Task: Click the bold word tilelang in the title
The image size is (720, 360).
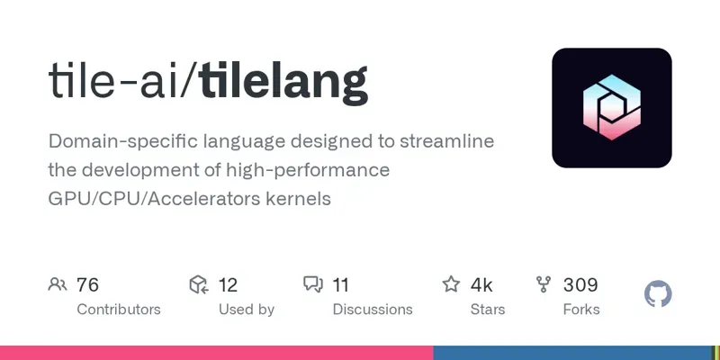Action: point(283,82)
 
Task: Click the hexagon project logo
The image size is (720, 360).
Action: point(612,108)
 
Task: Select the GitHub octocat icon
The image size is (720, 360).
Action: point(659,294)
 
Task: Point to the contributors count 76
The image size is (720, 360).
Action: point(87,285)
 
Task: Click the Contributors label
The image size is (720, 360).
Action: point(119,310)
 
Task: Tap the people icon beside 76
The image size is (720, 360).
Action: point(58,285)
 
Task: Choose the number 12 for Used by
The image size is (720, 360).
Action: point(228,285)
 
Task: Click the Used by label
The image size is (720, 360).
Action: point(247,310)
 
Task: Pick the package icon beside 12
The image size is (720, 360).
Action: point(199,285)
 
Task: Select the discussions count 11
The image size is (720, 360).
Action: point(341,285)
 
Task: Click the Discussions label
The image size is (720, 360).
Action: point(373,310)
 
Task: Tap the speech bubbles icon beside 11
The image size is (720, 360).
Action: point(313,285)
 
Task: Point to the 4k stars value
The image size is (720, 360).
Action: point(481,285)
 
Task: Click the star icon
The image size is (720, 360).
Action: point(451,285)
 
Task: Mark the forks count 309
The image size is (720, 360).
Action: point(580,285)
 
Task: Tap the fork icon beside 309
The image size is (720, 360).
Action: point(544,285)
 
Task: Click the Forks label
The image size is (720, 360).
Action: point(581,310)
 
